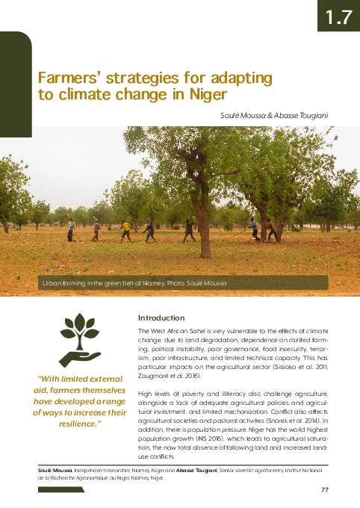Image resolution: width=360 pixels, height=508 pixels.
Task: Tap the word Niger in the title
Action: click(x=210, y=95)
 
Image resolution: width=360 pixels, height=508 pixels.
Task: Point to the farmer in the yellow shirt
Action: click(x=126, y=230)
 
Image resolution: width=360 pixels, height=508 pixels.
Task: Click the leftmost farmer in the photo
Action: click(x=70, y=229)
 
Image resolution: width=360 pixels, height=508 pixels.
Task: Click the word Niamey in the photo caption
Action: click(x=139, y=284)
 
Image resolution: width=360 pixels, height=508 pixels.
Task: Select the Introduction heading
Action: click(x=161, y=317)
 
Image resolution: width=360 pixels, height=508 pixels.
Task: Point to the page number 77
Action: click(x=324, y=489)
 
